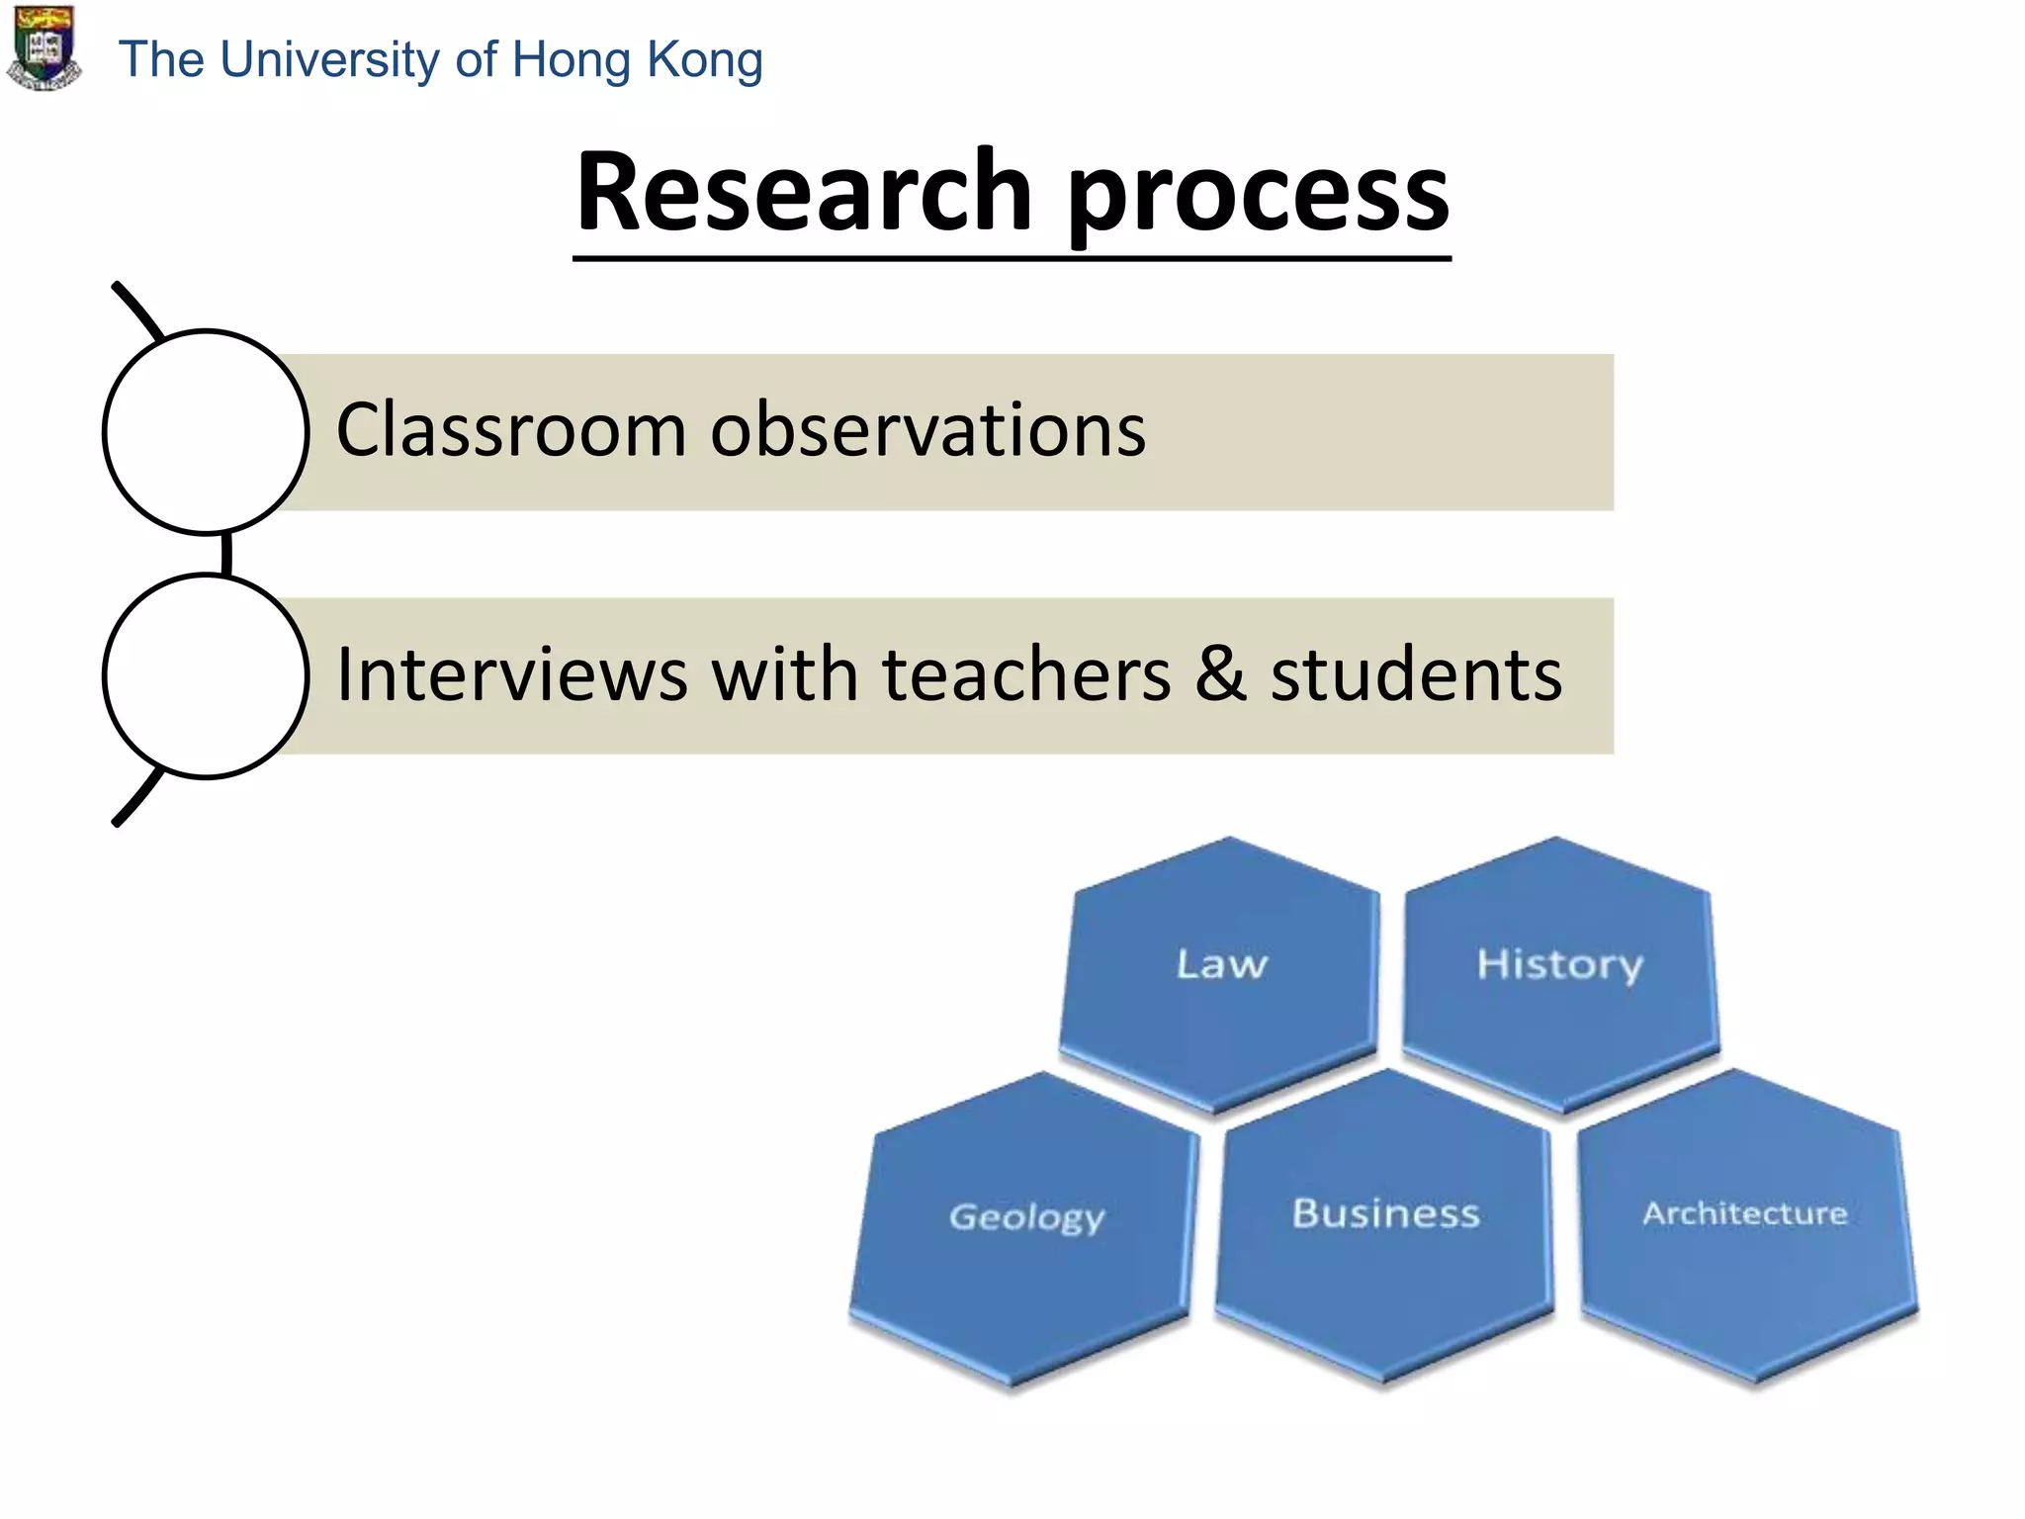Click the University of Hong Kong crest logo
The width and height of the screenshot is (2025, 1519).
[44, 47]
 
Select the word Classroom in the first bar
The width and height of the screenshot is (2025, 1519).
[510, 430]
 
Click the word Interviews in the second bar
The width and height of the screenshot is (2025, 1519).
[512, 674]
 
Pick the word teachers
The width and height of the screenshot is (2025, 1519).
[1025, 674]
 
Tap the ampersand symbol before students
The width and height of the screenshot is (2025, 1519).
[1220, 674]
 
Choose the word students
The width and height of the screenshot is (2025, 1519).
[1416, 674]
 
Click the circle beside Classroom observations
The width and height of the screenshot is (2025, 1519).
[206, 432]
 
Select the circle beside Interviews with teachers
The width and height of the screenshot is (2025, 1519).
[206, 676]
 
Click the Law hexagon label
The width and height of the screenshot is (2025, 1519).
[1221, 964]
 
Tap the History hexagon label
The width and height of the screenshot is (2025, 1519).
[1559, 964]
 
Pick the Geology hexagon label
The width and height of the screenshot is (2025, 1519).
[1026, 1216]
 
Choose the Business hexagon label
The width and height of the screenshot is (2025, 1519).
[1385, 1213]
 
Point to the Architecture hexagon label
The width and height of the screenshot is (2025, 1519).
[1744, 1213]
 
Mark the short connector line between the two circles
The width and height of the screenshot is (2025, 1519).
[226, 555]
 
